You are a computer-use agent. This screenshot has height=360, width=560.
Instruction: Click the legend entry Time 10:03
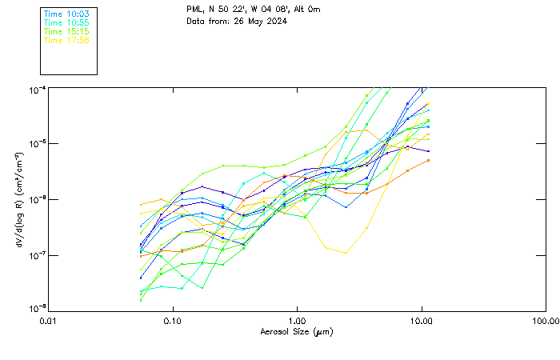tap(66, 14)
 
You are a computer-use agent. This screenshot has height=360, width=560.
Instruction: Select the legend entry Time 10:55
tap(66, 22)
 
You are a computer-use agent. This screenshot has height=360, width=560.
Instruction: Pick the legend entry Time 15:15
tap(66, 31)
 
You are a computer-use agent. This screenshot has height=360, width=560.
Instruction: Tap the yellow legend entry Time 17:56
tap(66, 39)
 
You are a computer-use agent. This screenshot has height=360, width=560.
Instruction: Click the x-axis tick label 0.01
tap(49, 320)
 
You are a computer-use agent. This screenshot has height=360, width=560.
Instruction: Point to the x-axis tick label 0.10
tap(173, 320)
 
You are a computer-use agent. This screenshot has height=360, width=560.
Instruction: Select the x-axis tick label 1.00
tap(297, 320)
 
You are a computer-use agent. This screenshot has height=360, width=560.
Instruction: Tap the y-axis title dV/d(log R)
tap(18, 198)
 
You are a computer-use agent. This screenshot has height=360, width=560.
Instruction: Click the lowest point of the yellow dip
tap(346, 253)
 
